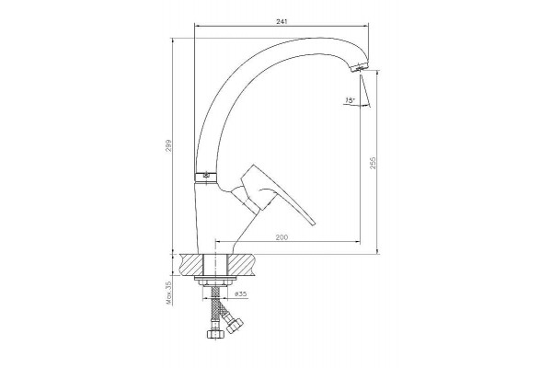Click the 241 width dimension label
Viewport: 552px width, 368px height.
coord(282,21)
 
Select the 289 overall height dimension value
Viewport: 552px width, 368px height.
coord(168,145)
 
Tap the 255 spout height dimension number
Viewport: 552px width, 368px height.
coord(373,163)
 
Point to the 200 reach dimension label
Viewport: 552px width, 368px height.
coord(282,237)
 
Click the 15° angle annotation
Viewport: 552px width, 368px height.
coord(351,100)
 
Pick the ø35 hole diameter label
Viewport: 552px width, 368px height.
coord(240,293)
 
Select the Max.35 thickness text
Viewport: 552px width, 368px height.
coord(168,293)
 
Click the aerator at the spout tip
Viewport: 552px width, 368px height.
coord(360,67)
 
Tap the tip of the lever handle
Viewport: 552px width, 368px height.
coord(313,223)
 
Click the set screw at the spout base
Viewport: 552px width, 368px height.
coord(206,174)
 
